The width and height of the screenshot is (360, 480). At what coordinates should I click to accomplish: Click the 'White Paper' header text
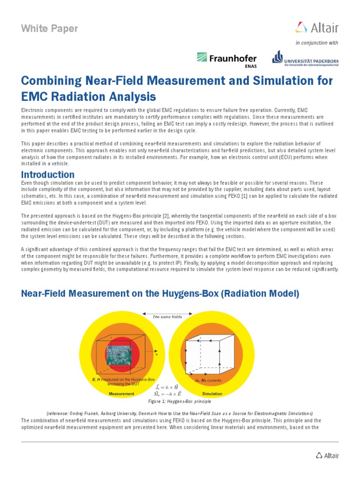(x=50, y=29)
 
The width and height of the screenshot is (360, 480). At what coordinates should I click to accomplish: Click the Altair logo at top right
(x=317, y=28)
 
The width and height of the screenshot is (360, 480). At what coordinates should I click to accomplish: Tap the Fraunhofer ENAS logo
(x=227, y=60)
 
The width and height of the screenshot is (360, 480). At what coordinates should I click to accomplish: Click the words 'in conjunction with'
(x=316, y=43)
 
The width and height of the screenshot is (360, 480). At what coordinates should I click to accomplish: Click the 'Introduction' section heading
(x=48, y=175)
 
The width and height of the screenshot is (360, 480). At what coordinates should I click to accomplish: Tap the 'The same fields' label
(x=167, y=317)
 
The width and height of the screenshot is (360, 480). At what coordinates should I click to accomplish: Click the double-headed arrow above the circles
(x=167, y=313)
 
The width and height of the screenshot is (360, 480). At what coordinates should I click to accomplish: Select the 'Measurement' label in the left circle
(x=121, y=394)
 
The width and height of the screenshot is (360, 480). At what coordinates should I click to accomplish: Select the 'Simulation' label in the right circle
(x=212, y=394)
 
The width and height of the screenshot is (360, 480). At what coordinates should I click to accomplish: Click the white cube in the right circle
(x=210, y=354)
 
